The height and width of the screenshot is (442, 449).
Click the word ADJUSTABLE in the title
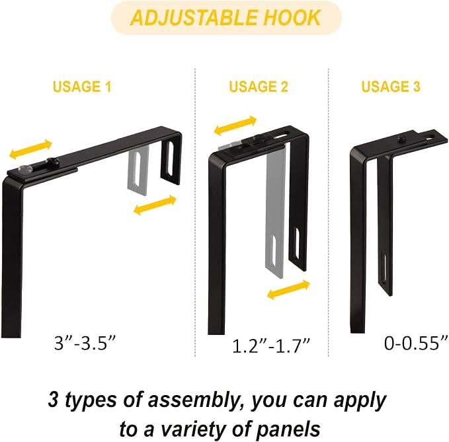point(194,17)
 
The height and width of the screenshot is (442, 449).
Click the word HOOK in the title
point(292,17)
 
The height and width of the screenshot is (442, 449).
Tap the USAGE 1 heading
point(82,87)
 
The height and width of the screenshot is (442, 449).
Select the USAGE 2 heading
point(259,87)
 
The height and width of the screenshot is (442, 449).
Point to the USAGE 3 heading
point(391,87)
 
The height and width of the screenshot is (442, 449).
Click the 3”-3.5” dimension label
point(85,342)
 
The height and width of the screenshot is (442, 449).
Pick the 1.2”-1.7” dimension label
point(271,346)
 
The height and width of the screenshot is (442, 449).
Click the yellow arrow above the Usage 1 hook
point(30,149)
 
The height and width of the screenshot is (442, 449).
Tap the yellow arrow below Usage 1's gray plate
point(155,205)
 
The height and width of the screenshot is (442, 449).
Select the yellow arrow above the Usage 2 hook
point(235,126)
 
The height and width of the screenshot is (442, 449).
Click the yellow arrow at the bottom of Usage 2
point(288,290)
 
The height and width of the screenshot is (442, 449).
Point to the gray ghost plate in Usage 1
point(138,170)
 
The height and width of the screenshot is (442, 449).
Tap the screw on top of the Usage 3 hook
point(401,139)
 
